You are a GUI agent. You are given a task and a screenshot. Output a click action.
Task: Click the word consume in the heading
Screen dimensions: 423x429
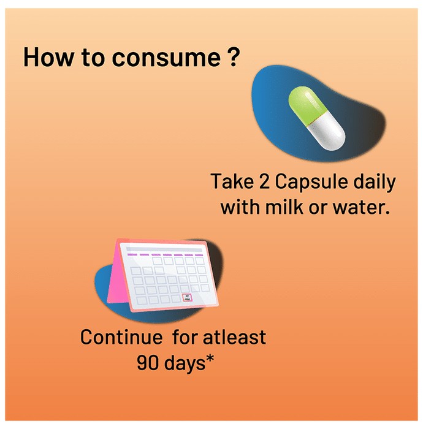[166, 57]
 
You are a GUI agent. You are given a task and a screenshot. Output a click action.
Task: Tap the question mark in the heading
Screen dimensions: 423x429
[234, 56]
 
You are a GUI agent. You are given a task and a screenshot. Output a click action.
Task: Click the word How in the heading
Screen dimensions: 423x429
[48, 56]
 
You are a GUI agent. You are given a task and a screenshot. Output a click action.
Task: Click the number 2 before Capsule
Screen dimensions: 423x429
[264, 181]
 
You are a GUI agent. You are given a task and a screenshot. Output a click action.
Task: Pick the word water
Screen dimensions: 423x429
[361, 207]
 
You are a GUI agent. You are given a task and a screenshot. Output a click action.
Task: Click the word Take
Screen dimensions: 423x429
[232, 181]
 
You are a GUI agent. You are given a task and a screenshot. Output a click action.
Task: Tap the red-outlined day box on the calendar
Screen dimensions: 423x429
[188, 298]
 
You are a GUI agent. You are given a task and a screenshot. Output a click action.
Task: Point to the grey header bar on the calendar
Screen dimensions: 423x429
[164, 249]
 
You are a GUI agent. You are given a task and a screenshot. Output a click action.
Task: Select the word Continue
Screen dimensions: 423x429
[121, 337]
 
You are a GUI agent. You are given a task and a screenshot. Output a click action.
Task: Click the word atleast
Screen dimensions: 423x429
[234, 337]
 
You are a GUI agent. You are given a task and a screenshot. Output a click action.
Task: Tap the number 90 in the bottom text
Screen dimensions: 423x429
[148, 363]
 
